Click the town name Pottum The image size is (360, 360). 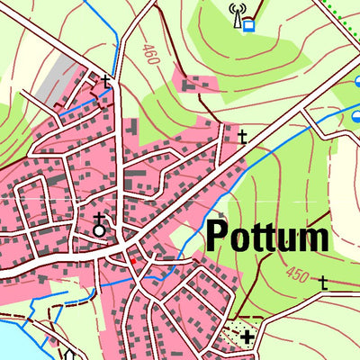pyautogui.click(x=267, y=237)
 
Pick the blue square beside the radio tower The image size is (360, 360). pyautogui.click(x=248, y=26)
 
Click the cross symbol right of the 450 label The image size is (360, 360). pyautogui.click(x=323, y=283)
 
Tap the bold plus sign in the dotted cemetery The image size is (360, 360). pyautogui.click(x=247, y=337)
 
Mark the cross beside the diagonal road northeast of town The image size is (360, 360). pyautogui.click(x=242, y=137)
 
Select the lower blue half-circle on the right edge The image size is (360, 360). pyautogui.click(x=355, y=114)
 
